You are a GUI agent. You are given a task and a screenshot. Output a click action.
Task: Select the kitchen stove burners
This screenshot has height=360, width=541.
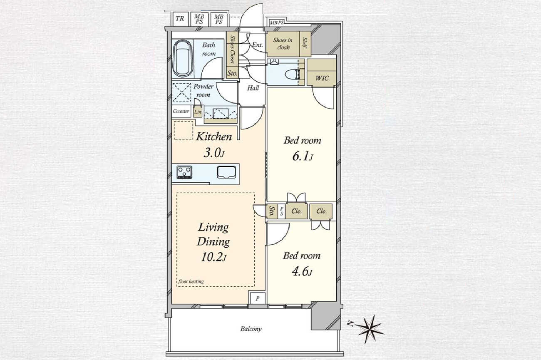pyautogui.click(x=184, y=172)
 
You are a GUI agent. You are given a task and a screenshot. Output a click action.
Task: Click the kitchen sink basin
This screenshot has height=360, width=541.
pyautogui.click(x=226, y=172)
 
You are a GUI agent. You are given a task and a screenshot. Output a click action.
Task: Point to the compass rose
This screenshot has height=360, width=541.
pyautogui.click(x=370, y=329)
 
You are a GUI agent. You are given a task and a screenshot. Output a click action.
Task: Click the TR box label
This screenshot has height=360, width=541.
pyautogui.click(x=180, y=19)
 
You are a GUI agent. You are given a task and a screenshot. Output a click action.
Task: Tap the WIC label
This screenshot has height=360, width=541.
pyautogui.click(x=322, y=78)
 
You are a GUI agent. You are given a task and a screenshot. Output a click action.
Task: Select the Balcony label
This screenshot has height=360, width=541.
pyautogui.click(x=251, y=329)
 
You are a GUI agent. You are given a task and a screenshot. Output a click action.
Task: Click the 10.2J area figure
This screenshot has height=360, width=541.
pyautogui.click(x=214, y=258)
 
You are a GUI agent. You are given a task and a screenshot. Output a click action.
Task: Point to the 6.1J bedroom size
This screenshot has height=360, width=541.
pyautogui.click(x=303, y=157)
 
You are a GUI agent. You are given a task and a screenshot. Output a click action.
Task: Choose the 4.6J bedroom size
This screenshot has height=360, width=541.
pyautogui.click(x=302, y=272)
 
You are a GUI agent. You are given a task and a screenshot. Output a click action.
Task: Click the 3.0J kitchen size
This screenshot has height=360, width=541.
pyautogui.click(x=214, y=153)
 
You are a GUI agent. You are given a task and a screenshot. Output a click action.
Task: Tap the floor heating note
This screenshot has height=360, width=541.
pyautogui.click(x=191, y=281)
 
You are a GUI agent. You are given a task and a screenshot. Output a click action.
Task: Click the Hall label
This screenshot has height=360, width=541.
pyautogui.click(x=253, y=88)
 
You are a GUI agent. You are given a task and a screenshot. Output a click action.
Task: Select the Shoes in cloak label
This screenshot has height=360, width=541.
pyautogui.click(x=283, y=43)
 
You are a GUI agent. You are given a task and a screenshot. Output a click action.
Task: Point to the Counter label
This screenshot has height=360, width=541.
pyautogui.click(x=181, y=112)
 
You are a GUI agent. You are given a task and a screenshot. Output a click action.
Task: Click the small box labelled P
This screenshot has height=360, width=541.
pyautogui.click(x=258, y=299)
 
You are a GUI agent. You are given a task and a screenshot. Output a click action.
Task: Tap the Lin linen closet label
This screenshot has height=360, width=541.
pyautogui.click(x=198, y=112)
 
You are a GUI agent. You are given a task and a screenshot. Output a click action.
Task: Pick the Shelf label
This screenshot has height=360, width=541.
pyautogui.click(x=305, y=43)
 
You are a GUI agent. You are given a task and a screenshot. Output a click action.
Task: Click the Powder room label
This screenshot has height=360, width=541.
pyautogui.click(x=203, y=91)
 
